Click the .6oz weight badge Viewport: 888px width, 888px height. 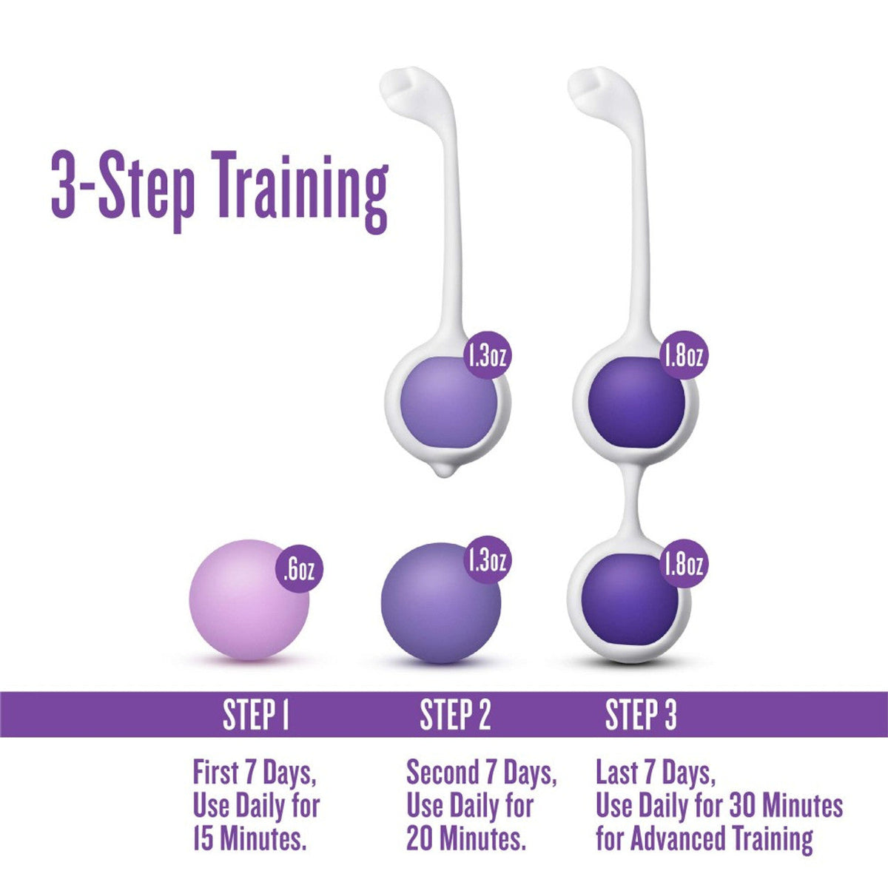300,570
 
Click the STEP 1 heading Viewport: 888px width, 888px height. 255,715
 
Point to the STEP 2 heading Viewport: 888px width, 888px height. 455,715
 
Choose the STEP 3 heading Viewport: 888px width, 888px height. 641,715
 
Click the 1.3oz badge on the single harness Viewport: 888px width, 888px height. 486,357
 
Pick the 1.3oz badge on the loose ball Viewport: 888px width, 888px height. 486,560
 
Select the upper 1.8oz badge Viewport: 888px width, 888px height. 682,357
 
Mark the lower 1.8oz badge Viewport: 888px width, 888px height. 682,565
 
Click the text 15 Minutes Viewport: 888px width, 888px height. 249,839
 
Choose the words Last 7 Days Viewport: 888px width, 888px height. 656,774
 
